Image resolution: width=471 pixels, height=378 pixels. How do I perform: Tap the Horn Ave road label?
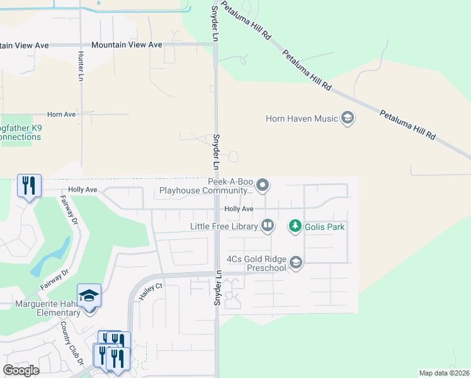(61, 114)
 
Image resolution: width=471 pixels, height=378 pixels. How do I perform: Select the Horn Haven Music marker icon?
(347, 118)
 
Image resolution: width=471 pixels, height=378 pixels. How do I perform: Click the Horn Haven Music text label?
(302, 118)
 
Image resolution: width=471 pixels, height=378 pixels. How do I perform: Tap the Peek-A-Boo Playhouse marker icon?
(263, 185)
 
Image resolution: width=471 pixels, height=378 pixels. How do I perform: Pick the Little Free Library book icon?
(267, 226)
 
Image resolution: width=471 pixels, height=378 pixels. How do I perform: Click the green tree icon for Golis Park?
(294, 226)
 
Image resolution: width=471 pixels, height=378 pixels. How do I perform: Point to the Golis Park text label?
(325, 226)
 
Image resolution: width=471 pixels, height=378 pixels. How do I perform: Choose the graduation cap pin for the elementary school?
(89, 295)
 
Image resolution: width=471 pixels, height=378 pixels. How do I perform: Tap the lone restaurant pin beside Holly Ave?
(29, 185)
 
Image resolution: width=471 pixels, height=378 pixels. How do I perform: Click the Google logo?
(21, 370)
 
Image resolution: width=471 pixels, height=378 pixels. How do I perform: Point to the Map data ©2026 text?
(444, 373)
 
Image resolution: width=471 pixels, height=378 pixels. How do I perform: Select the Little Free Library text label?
(224, 226)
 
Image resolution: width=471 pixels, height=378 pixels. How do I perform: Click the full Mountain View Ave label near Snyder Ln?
(127, 45)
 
